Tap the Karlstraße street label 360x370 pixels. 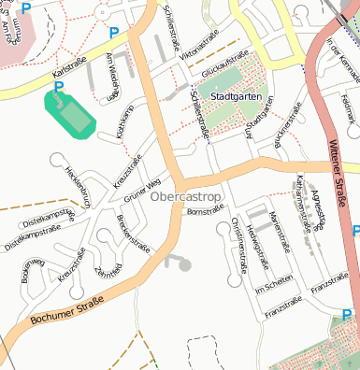pos(70,70)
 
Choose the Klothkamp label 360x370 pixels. pos(122,122)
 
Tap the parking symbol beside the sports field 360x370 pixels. pos(59,88)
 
